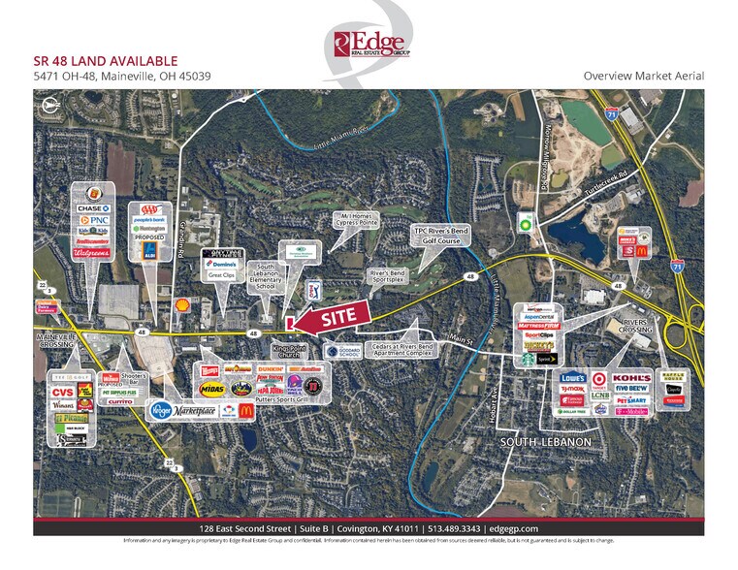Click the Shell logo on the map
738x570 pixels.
179,304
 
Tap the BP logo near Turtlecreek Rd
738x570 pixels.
526,220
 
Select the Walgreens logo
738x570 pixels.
93,253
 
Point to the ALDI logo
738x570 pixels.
148,250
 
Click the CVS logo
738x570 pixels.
63,392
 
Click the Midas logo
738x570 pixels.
211,387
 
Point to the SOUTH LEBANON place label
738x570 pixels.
545,442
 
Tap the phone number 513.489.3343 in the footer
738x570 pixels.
449,526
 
